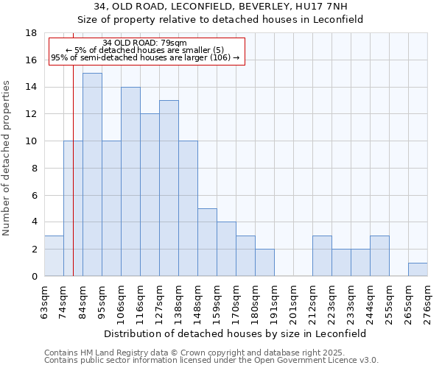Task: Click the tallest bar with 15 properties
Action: coord(92,174)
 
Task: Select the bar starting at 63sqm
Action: coord(54,255)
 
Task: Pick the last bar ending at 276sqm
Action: coord(418,269)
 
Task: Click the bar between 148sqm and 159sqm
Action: coord(207,242)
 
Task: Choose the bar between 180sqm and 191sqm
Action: coord(264,263)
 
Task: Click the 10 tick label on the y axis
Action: coord(32,141)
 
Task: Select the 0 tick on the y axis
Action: coord(34,277)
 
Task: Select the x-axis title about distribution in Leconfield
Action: coord(235,333)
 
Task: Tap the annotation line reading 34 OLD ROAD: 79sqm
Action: coord(145,43)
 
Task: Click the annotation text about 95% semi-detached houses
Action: coord(145,57)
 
